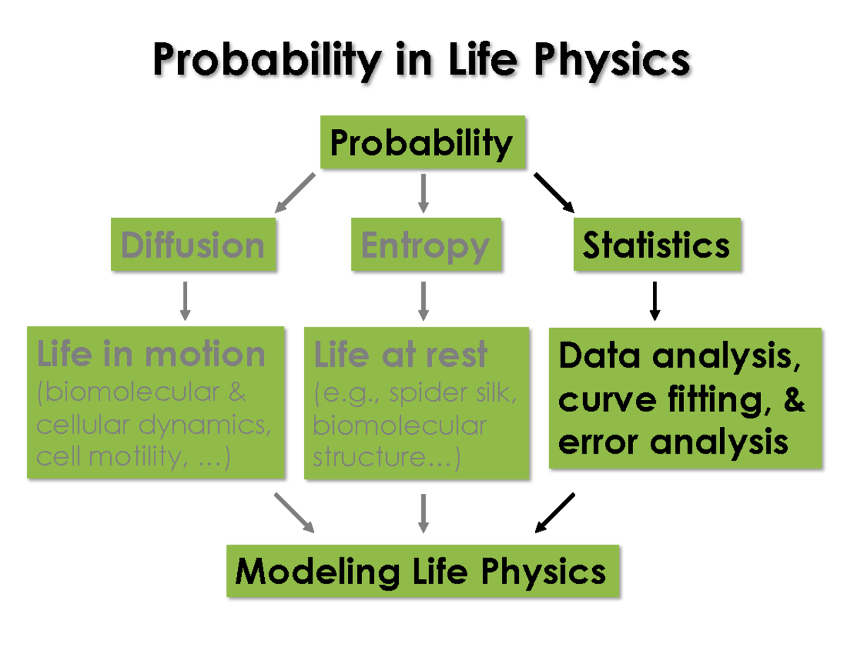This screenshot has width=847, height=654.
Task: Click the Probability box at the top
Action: (422, 143)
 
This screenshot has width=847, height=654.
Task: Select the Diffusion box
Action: (193, 245)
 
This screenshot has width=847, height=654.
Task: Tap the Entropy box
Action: (426, 245)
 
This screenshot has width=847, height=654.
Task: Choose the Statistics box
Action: (656, 245)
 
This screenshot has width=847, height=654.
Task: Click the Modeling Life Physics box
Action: (422, 571)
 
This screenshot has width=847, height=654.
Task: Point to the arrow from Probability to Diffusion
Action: (294, 193)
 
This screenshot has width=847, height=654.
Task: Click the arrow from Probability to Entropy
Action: (423, 193)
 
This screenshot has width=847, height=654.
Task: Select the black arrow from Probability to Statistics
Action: (554, 192)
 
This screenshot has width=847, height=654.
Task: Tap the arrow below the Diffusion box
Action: (185, 301)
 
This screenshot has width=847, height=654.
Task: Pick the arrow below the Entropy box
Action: (423, 301)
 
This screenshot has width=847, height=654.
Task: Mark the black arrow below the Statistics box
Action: (654, 301)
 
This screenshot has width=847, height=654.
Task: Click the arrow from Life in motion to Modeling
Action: (294, 512)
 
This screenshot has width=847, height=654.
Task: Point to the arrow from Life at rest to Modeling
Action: (423, 513)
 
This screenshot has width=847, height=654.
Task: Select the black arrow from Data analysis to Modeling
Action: (555, 512)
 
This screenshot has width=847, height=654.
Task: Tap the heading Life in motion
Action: (150, 353)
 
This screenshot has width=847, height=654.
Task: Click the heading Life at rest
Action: (401, 353)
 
